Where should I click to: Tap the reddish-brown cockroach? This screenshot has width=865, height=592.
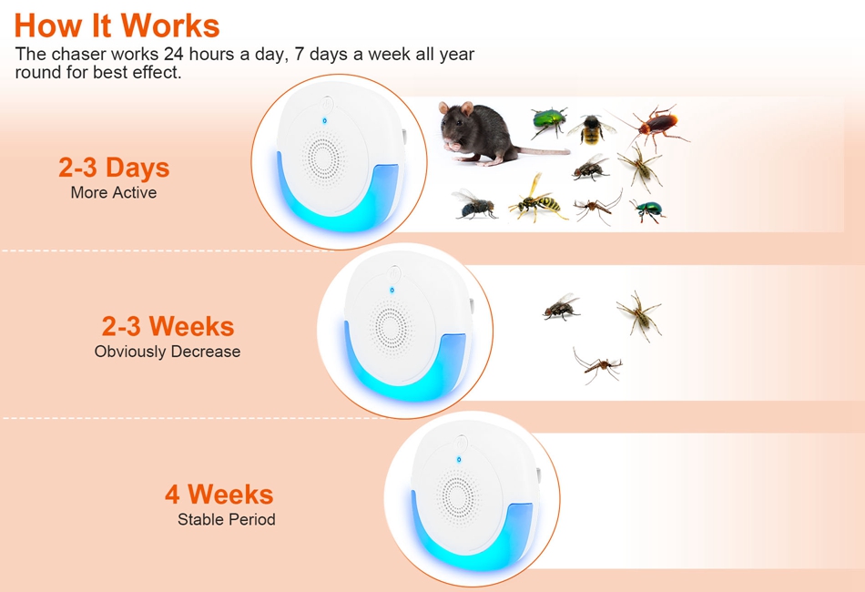pyautogui.click(x=656, y=127)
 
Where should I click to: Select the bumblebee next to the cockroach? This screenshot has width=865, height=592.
pyautogui.click(x=592, y=129)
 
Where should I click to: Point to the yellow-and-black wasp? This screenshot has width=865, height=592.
pyautogui.click(x=537, y=199)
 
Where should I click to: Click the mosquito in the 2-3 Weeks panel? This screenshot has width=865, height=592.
pyautogui.click(x=597, y=364)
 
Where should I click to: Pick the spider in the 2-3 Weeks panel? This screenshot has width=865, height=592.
pyautogui.click(x=639, y=315)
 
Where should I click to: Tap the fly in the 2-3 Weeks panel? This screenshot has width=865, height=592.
pyautogui.click(x=561, y=307)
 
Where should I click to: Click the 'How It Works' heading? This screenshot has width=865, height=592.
pyautogui.click(x=117, y=26)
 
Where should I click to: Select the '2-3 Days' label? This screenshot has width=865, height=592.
pyautogui.click(x=114, y=168)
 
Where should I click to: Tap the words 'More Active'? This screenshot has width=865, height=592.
pyautogui.click(x=114, y=192)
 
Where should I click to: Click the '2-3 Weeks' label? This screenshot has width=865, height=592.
pyautogui.click(x=168, y=326)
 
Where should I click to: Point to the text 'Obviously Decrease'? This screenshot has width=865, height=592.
pyautogui.click(x=168, y=352)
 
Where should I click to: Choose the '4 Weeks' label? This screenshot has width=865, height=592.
pyautogui.click(x=219, y=495)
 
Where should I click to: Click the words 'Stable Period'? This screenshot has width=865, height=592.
pyautogui.click(x=226, y=519)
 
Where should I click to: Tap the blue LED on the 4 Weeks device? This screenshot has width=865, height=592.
pyautogui.click(x=458, y=459)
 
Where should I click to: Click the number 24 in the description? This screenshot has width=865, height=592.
pyautogui.click(x=173, y=54)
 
